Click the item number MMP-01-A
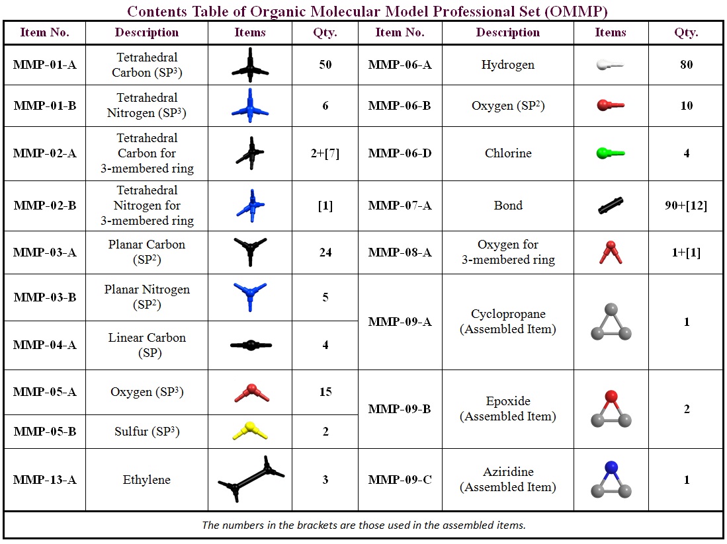44,65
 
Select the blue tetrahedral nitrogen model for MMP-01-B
250,106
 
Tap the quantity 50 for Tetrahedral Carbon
325,65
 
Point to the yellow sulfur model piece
249,432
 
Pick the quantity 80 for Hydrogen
687,65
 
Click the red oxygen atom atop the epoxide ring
611,396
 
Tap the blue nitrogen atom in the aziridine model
611,467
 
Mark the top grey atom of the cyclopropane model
611,309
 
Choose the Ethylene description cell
146,480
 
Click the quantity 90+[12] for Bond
687,206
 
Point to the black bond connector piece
611,206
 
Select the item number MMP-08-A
400,253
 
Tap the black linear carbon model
251,345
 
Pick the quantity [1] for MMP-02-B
325,206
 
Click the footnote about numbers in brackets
363,525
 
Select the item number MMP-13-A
44,480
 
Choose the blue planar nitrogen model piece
250,296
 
